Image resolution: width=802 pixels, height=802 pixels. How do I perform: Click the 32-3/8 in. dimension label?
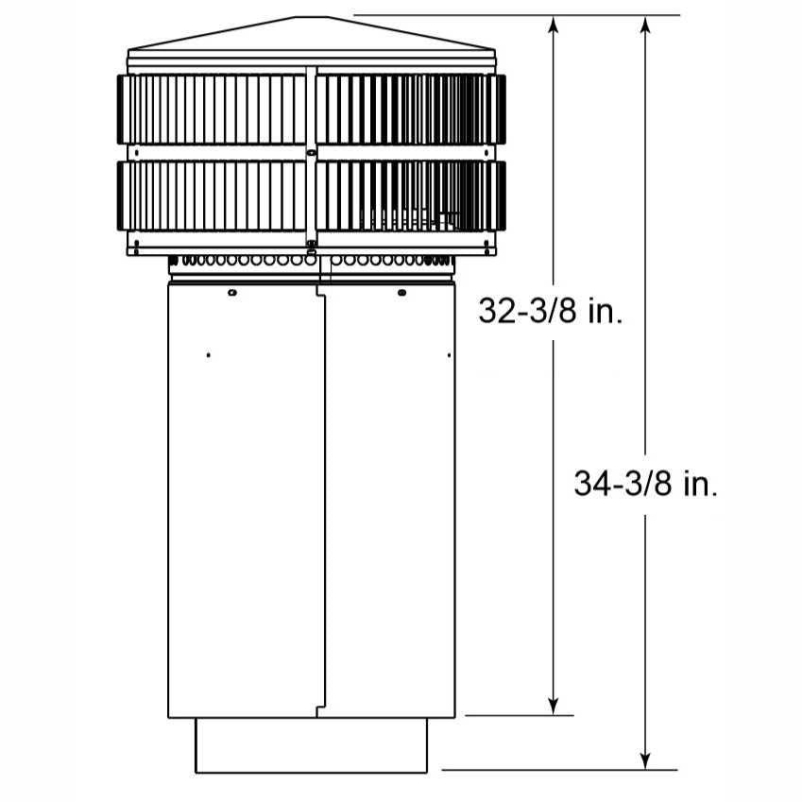pos(551,310)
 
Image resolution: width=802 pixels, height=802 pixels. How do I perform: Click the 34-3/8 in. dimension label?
pos(645,484)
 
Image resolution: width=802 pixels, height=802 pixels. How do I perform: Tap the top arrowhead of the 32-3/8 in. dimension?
pos(553,24)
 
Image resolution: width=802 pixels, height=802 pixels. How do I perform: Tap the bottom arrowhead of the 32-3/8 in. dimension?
pos(553,707)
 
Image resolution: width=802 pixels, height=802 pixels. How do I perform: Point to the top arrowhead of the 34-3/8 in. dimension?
pos(646,24)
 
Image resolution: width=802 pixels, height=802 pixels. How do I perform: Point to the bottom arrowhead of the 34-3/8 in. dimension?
pos(646,760)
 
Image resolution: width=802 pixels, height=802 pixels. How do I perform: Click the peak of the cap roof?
pos(311,17)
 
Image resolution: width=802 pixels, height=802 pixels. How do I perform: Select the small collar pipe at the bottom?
pos(311,745)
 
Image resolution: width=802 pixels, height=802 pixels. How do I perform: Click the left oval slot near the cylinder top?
pos(231,293)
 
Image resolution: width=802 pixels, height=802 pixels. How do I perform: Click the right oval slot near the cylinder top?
pos(401,293)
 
